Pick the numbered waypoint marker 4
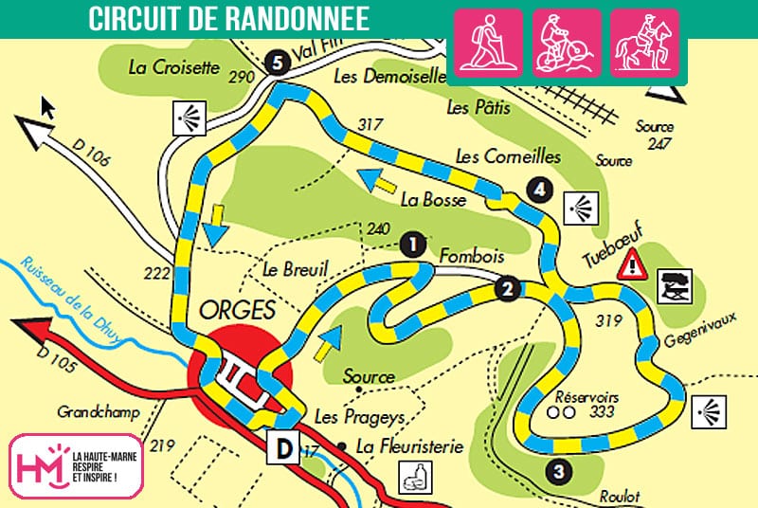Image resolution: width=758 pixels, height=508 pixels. click(x=539, y=190)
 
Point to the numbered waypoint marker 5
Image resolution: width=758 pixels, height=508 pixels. click(x=277, y=63)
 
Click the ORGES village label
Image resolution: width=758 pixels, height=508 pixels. click(x=236, y=310)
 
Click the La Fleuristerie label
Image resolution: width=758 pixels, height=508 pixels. click(x=397, y=445)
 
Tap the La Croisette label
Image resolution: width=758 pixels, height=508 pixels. click(x=173, y=67)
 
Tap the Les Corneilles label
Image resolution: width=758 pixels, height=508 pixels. click(x=507, y=155)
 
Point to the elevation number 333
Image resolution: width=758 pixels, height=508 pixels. click(x=600, y=412)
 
